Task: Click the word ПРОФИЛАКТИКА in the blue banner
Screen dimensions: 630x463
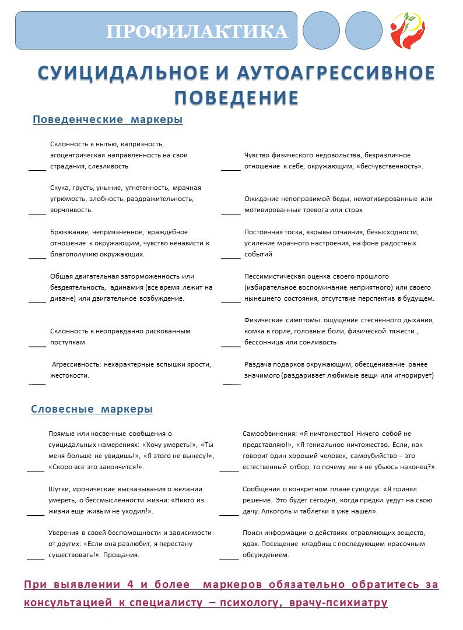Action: [197, 31]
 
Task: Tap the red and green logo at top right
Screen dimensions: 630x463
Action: [407, 30]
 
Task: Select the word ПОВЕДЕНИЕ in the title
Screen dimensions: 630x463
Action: [237, 97]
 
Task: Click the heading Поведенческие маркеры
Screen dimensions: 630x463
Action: [108, 119]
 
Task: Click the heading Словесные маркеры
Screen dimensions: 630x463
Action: [92, 409]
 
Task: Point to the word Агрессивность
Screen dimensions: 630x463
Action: [76, 364]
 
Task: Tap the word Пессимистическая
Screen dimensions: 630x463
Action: [271, 276]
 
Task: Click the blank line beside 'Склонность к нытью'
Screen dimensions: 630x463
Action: [37, 170]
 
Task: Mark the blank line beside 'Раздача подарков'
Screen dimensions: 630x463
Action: [232, 384]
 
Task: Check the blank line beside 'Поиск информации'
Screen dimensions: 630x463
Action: [229, 559]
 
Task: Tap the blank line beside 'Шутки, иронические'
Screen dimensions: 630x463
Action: [36, 515]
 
